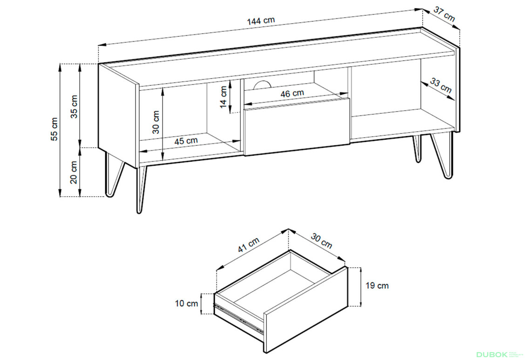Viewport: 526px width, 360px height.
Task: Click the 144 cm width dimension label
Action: coord(261,21)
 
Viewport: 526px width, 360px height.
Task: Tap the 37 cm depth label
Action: coord(444,14)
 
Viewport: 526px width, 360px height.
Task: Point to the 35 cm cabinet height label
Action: coord(74,107)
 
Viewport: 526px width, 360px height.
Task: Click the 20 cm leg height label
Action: coord(74,172)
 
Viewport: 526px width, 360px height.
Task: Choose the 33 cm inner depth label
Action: coord(441,86)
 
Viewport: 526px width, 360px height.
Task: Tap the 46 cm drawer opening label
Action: coord(292,93)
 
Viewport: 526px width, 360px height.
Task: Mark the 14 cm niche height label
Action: coord(224,97)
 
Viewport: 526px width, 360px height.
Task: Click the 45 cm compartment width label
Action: coord(186,141)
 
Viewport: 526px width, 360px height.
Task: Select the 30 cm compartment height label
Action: coord(156,122)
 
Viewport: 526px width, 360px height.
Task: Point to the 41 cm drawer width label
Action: coord(249,245)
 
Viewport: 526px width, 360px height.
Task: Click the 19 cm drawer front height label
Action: coord(377,286)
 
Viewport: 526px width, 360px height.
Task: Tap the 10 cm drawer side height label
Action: coord(187,303)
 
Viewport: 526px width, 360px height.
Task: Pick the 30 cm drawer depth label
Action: coord(321,241)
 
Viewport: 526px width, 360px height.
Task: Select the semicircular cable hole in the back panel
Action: coord(262,85)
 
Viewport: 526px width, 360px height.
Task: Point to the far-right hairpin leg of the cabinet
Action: coord(443,154)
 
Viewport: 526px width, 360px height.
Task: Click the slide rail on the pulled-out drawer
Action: coord(238,318)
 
